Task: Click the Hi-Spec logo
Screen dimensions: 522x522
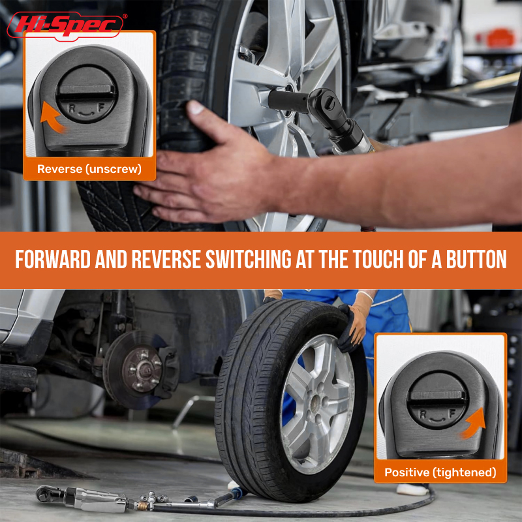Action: coord(65,25)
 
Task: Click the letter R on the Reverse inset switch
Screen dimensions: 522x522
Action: coord(71,108)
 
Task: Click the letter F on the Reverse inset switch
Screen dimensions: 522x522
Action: coord(101,107)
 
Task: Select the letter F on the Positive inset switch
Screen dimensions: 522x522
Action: coord(452,414)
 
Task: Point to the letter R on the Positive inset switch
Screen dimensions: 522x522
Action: coord(423,414)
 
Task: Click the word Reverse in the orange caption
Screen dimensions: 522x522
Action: coord(59,169)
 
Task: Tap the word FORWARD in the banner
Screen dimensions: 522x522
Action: coord(53,259)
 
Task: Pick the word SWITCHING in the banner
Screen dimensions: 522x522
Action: coord(249,259)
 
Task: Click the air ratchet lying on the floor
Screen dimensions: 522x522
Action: coord(84,498)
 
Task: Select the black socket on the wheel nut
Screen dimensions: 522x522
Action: coord(288,100)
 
